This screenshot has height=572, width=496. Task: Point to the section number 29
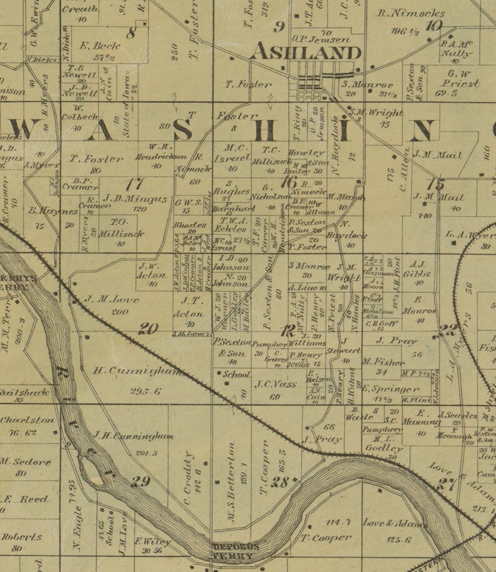tap(141, 481)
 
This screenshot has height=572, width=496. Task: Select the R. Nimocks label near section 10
tap(412, 13)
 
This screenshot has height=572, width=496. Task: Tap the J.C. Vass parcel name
tap(275, 385)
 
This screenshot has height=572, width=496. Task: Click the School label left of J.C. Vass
tap(237, 375)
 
